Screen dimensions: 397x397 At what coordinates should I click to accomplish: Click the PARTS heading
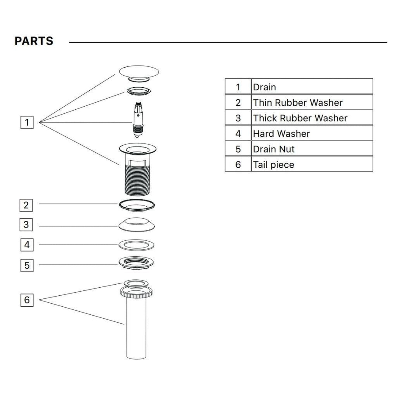34,41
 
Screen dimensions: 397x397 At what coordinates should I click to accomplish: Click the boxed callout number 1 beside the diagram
27,123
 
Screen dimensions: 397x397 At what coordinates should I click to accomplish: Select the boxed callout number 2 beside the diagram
26,206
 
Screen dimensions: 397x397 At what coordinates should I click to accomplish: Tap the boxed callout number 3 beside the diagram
26,225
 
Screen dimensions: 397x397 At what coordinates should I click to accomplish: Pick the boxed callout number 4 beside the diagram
27,245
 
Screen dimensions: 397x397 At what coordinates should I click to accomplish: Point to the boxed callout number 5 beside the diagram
27,265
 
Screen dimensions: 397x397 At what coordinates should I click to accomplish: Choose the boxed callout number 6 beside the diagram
27,300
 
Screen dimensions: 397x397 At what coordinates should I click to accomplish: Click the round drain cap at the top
139,72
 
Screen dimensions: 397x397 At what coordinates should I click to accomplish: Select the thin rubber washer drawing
137,205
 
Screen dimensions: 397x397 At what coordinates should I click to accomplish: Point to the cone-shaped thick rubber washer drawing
137,224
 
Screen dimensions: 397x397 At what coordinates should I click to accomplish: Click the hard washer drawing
136,245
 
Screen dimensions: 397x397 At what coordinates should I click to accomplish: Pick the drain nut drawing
136,263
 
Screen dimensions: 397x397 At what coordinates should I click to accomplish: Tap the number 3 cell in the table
238,118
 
